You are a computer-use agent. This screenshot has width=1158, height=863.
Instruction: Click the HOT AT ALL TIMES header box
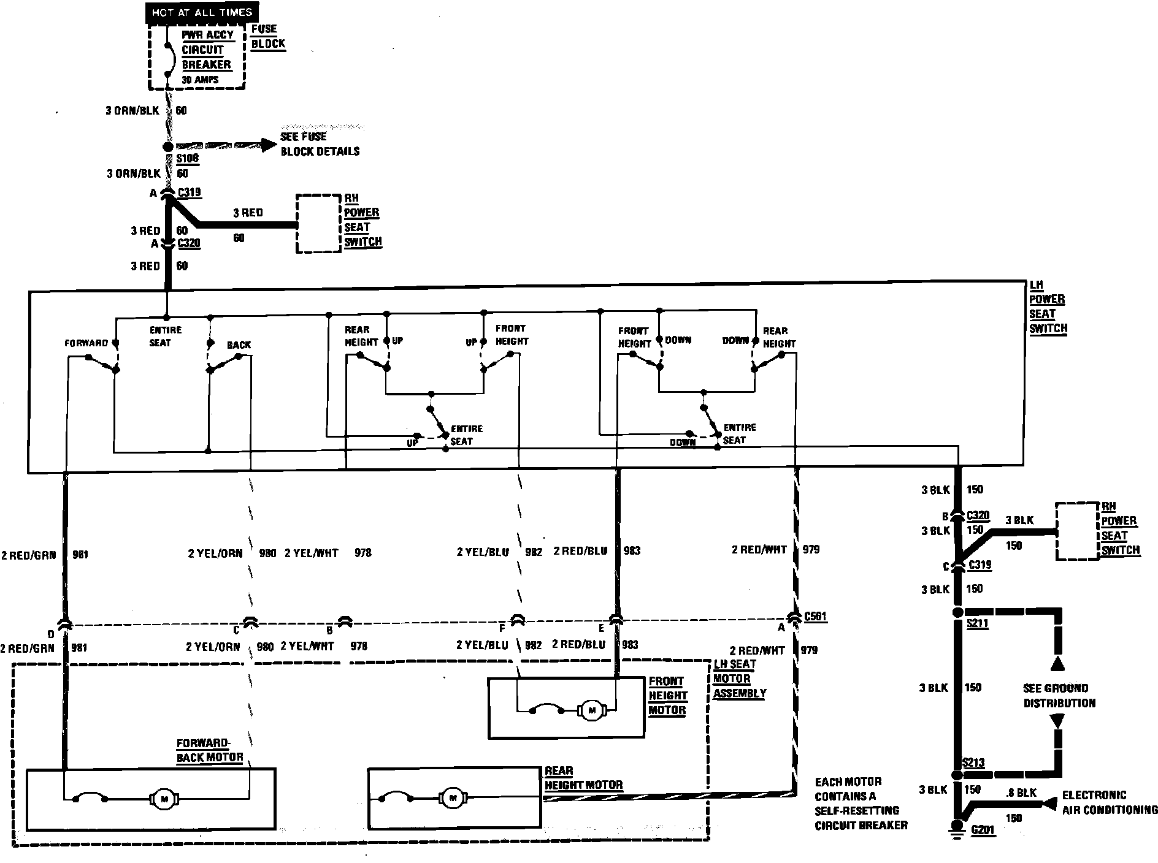(x=202, y=12)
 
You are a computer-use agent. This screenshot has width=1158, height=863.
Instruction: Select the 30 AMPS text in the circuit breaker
(x=200, y=80)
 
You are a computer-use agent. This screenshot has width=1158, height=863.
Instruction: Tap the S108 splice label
(x=188, y=159)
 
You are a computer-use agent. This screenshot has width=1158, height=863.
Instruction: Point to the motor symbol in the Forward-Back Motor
(x=164, y=799)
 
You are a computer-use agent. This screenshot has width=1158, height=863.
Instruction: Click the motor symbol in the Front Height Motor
(x=592, y=710)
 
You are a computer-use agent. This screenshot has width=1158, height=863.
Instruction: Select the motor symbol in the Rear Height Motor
(x=453, y=798)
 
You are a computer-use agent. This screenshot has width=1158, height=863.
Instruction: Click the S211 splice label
(x=977, y=624)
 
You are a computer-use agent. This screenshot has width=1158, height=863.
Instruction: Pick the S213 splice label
(x=973, y=763)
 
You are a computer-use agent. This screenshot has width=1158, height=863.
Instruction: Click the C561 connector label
(x=815, y=617)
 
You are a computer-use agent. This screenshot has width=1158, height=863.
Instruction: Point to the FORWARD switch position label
(x=86, y=343)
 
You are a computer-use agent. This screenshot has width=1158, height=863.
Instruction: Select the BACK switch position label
(x=239, y=345)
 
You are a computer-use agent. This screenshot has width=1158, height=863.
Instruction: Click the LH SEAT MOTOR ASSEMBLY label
(x=740, y=679)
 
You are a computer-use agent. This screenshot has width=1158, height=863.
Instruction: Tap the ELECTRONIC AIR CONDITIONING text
(x=1110, y=802)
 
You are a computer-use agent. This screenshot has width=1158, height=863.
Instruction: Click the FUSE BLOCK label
(x=268, y=37)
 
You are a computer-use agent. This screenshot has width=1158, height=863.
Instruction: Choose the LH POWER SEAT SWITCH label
(x=1048, y=307)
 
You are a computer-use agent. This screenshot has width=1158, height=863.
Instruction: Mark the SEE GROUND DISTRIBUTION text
(x=1059, y=696)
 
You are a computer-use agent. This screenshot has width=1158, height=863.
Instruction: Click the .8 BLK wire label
(x=1021, y=793)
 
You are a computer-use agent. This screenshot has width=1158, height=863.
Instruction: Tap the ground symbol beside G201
(x=956, y=828)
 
